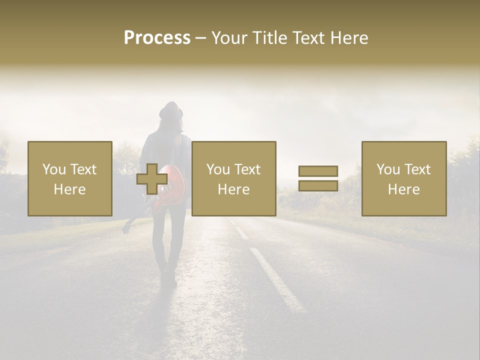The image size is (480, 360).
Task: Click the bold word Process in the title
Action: pyautogui.click(x=157, y=38)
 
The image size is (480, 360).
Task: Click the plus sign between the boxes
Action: pyautogui.click(x=152, y=179)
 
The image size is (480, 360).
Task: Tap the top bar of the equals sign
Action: pyautogui.click(x=318, y=171)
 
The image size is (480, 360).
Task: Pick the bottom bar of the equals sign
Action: pyautogui.click(x=318, y=186)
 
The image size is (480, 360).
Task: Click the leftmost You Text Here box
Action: pyautogui.click(x=70, y=178)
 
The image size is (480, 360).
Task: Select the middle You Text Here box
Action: pyautogui.click(x=234, y=178)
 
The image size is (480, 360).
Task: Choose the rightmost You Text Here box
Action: pyautogui.click(x=404, y=178)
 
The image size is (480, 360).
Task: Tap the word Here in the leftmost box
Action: pyautogui.click(x=69, y=189)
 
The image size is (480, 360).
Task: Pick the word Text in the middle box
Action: pyautogui.click(x=247, y=169)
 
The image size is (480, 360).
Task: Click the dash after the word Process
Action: pyautogui.click(x=201, y=38)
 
